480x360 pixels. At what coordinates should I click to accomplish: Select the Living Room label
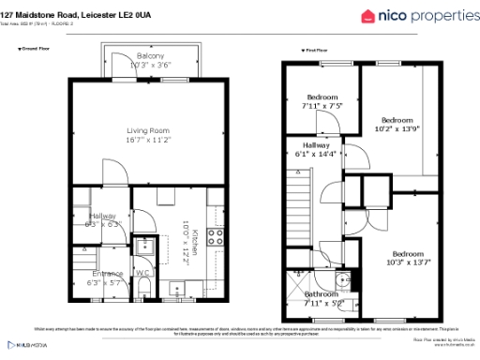[150, 130]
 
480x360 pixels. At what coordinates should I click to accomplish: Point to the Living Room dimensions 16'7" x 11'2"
[150, 140]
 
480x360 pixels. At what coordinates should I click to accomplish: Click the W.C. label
[142, 274]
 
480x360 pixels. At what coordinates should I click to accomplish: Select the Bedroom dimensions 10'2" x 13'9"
[396, 128]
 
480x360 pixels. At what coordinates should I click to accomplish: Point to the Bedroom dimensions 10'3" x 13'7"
[407, 262]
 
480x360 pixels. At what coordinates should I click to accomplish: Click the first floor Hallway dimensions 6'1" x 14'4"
[315, 153]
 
